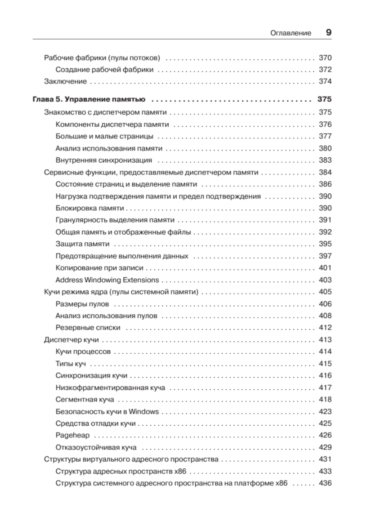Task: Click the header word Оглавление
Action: [x=290, y=33]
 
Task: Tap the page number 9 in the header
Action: [x=328, y=33]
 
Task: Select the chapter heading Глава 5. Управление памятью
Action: [x=89, y=99]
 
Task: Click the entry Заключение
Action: [x=65, y=82]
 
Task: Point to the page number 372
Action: [x=325, y=70]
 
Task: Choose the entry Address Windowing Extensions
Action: [x=107, y=280]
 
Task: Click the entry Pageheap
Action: [x=72, y=435]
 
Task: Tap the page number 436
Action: [x=325, y=483]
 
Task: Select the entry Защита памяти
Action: [x=82, y=244]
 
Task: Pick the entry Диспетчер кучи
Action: [x=71, y=340]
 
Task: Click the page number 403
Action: [x=325, y=280]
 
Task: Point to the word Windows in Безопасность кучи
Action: [x=143, y=411]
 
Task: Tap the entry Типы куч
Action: [x=70, y=364]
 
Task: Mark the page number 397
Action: [x=325, y=256]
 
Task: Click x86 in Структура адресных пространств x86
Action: [x=180, y=471]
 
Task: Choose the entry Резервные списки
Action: [x=88, y=327]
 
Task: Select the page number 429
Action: [x=325, y=447]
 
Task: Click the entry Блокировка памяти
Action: [x=89, y=208]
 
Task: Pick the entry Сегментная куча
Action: [x=84, y=399]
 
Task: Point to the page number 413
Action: [x=325, y=340]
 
